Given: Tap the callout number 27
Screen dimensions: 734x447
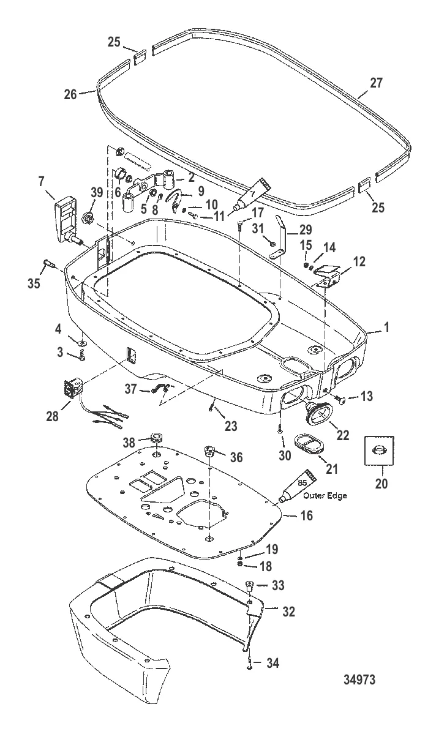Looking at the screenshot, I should coord(376,84).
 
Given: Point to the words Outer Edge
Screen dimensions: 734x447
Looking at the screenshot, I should coord(325,496).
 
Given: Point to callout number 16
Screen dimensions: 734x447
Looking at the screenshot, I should coord(307,516).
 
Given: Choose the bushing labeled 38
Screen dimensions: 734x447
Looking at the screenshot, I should coord(157,438).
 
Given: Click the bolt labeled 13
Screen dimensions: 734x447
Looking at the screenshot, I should coord(341,401).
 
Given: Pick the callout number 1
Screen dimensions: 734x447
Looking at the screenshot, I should coord(387,329).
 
